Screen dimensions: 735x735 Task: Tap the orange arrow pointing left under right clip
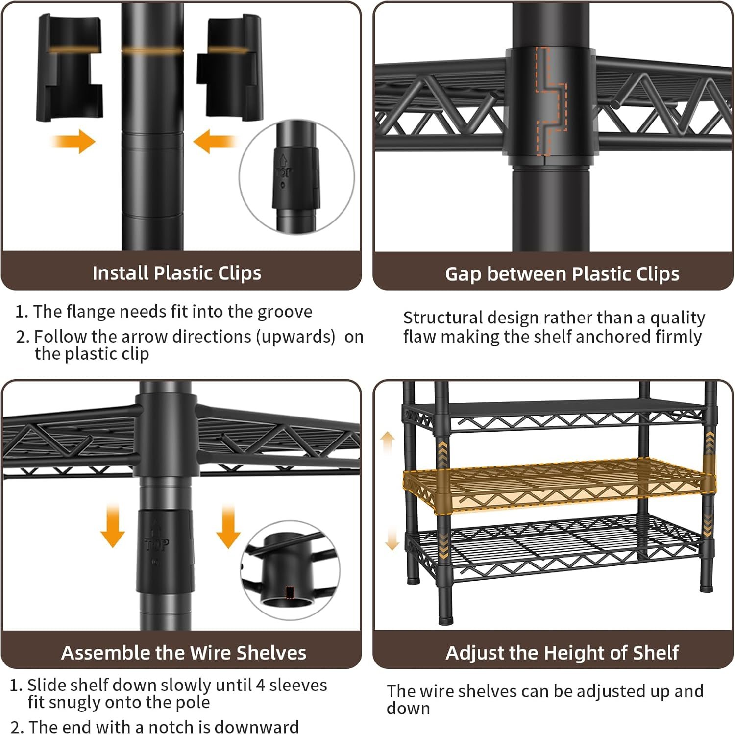point(215,141)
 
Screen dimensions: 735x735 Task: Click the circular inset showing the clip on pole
point(297,176)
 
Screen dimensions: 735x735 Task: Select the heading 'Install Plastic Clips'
point(176,273)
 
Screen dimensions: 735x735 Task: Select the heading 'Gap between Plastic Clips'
point(562,274)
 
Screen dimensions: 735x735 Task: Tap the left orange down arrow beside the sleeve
point(113,524)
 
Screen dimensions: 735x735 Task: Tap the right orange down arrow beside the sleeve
point(228,526)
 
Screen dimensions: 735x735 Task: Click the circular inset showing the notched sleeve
point(290,570)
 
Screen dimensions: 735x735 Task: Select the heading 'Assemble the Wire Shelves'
point(183,653)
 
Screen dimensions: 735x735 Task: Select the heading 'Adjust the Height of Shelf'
point(562,653)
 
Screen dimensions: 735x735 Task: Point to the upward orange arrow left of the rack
point(388,442)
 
